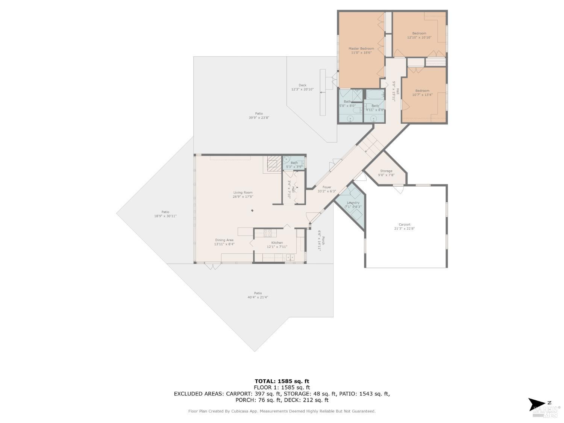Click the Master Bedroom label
(361, 49)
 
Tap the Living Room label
(243, 193)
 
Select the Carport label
(405, 224)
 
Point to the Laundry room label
(353, 203)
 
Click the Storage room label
(386, 171)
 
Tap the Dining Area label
(224, 240)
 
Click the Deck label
(302, 85)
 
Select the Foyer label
(326, 187)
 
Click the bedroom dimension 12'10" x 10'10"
(419, 38)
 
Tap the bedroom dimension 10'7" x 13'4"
(422, 95)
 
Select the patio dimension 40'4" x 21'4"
(258, 297)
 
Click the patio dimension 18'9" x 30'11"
(165, 216)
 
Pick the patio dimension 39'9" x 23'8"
(259, 118)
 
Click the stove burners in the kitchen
(268, 233)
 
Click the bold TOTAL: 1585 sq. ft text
(282, 381)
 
